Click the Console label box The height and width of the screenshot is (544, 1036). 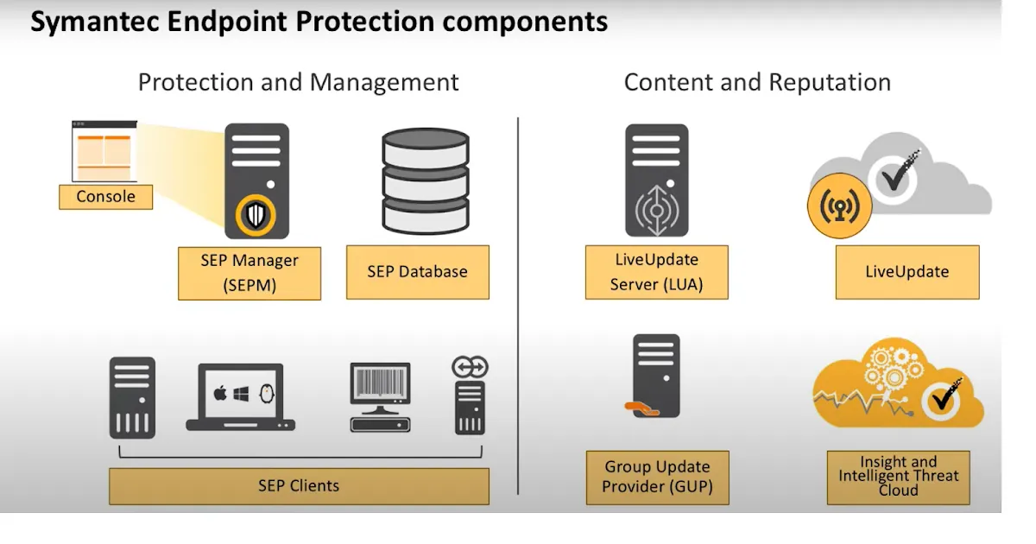coord(105,197)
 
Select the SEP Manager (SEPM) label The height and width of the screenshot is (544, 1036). coord(250,272)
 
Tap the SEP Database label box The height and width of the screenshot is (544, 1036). coord(417,272)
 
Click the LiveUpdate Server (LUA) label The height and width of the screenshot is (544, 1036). coord(656,272)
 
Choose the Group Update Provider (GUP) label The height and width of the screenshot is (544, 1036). coord(657,477)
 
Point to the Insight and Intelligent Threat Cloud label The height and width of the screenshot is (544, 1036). coord(898,477)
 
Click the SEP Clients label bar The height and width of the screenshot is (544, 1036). coord(299,485)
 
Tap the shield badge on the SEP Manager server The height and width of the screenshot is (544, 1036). coord(255,214)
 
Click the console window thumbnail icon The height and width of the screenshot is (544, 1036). coord(104,151)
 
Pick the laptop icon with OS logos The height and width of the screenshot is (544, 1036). coord(240,397)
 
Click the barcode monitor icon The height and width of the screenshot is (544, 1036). coord(380,396)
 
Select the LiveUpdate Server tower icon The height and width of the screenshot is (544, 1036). coord(656,180)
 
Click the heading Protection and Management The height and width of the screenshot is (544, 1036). coord(299,83)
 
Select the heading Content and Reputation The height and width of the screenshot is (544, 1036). coord(757,83)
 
